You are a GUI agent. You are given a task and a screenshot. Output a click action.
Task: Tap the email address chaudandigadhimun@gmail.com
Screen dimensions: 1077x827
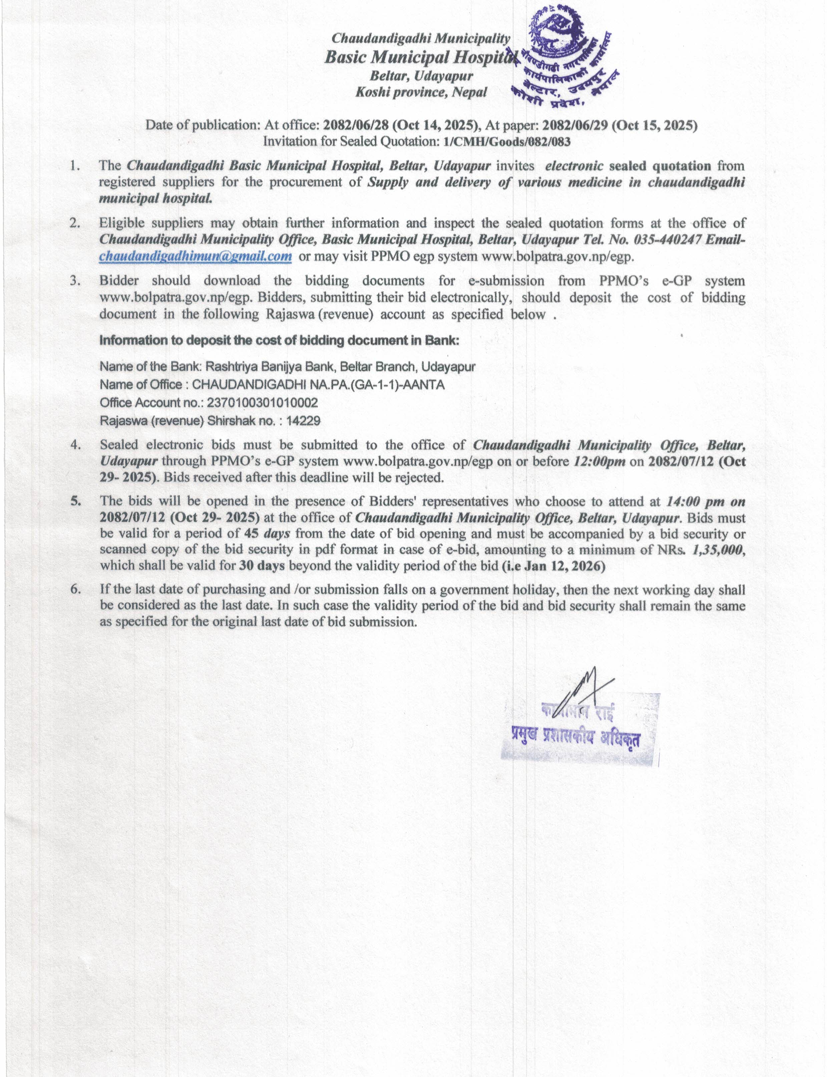(x=195, y=256)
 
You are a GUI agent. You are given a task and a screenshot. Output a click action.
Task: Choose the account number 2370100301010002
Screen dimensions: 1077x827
(x=262, y=403)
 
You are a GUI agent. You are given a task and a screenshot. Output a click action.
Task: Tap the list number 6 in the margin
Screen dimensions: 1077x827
(x=75, y=589)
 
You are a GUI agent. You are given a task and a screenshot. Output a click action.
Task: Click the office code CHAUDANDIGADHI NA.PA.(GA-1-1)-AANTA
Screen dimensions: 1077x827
(x=318, y=385)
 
